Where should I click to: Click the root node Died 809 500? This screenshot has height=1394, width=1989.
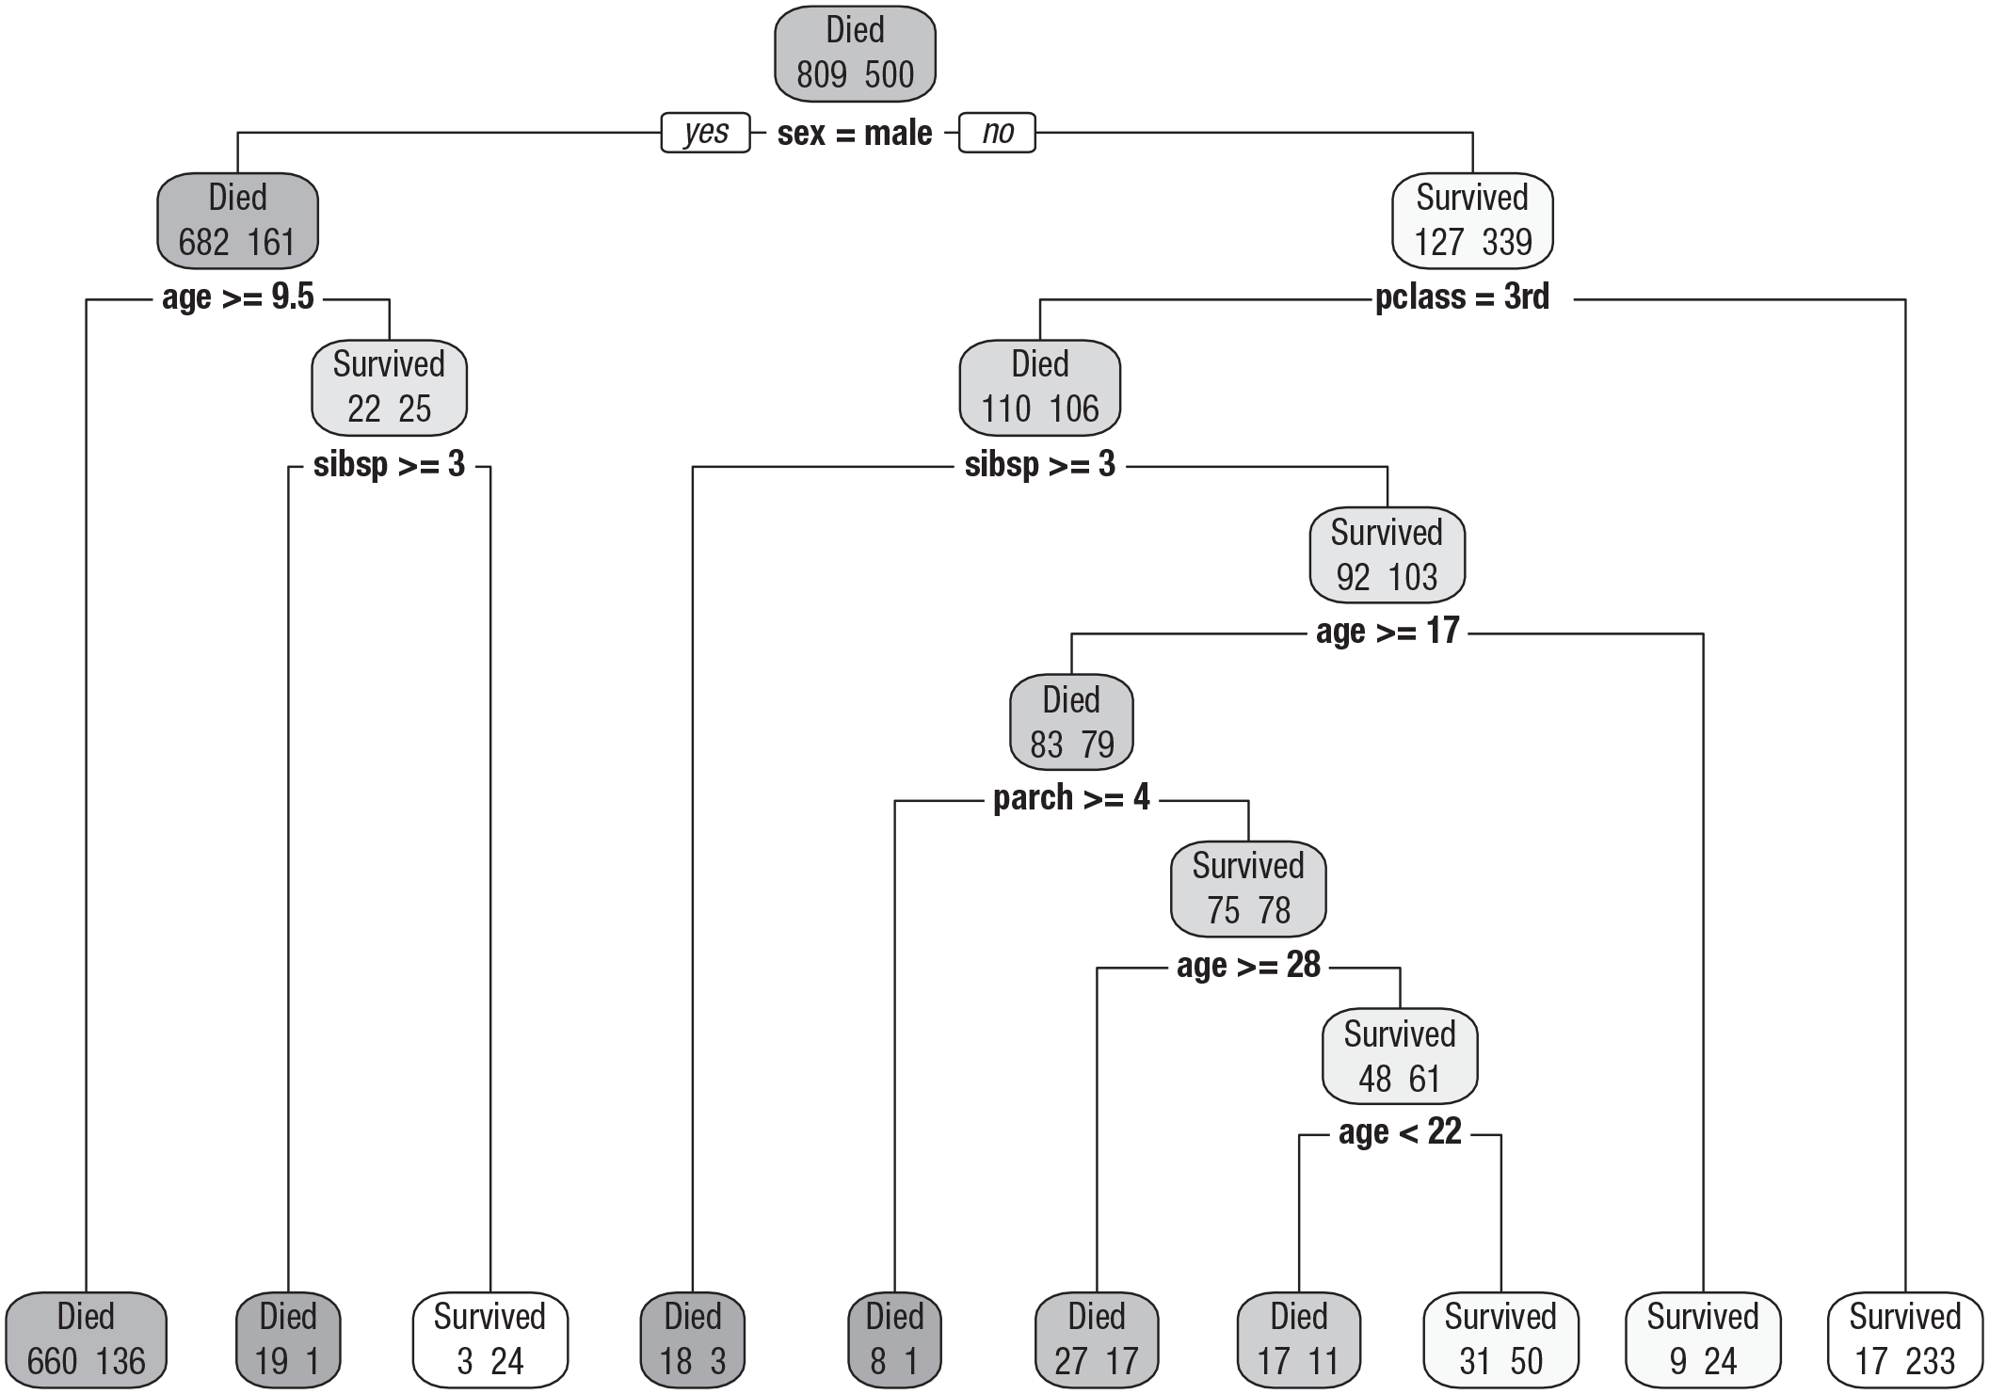coord(855,54)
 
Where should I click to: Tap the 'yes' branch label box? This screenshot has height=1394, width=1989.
coord(706,133)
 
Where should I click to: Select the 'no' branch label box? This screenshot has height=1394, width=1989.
coord(997,133)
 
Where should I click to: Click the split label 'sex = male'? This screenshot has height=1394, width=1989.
coord(855,134)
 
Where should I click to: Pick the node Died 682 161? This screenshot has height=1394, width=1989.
coord(237,221)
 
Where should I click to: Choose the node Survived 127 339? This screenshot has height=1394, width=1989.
coord(1472,221)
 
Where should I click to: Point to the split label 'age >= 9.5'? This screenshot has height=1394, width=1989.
coord(238,297)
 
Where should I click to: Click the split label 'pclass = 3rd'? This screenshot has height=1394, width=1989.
coord(1462,297)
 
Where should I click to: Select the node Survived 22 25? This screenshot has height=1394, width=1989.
coord(389,388)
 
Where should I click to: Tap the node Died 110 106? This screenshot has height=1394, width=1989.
coord(1040,388)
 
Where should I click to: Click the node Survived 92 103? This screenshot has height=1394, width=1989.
coord(1387,555)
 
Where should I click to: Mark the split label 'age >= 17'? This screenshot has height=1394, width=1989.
coord(1387,631)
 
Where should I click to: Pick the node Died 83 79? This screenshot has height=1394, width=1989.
coord(1071,723)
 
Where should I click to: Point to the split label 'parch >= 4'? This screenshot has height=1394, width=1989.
coord(1071,798)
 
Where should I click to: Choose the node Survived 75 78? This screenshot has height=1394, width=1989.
coord(1248,889)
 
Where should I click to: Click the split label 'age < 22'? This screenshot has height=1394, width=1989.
coord(1400,1131)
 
